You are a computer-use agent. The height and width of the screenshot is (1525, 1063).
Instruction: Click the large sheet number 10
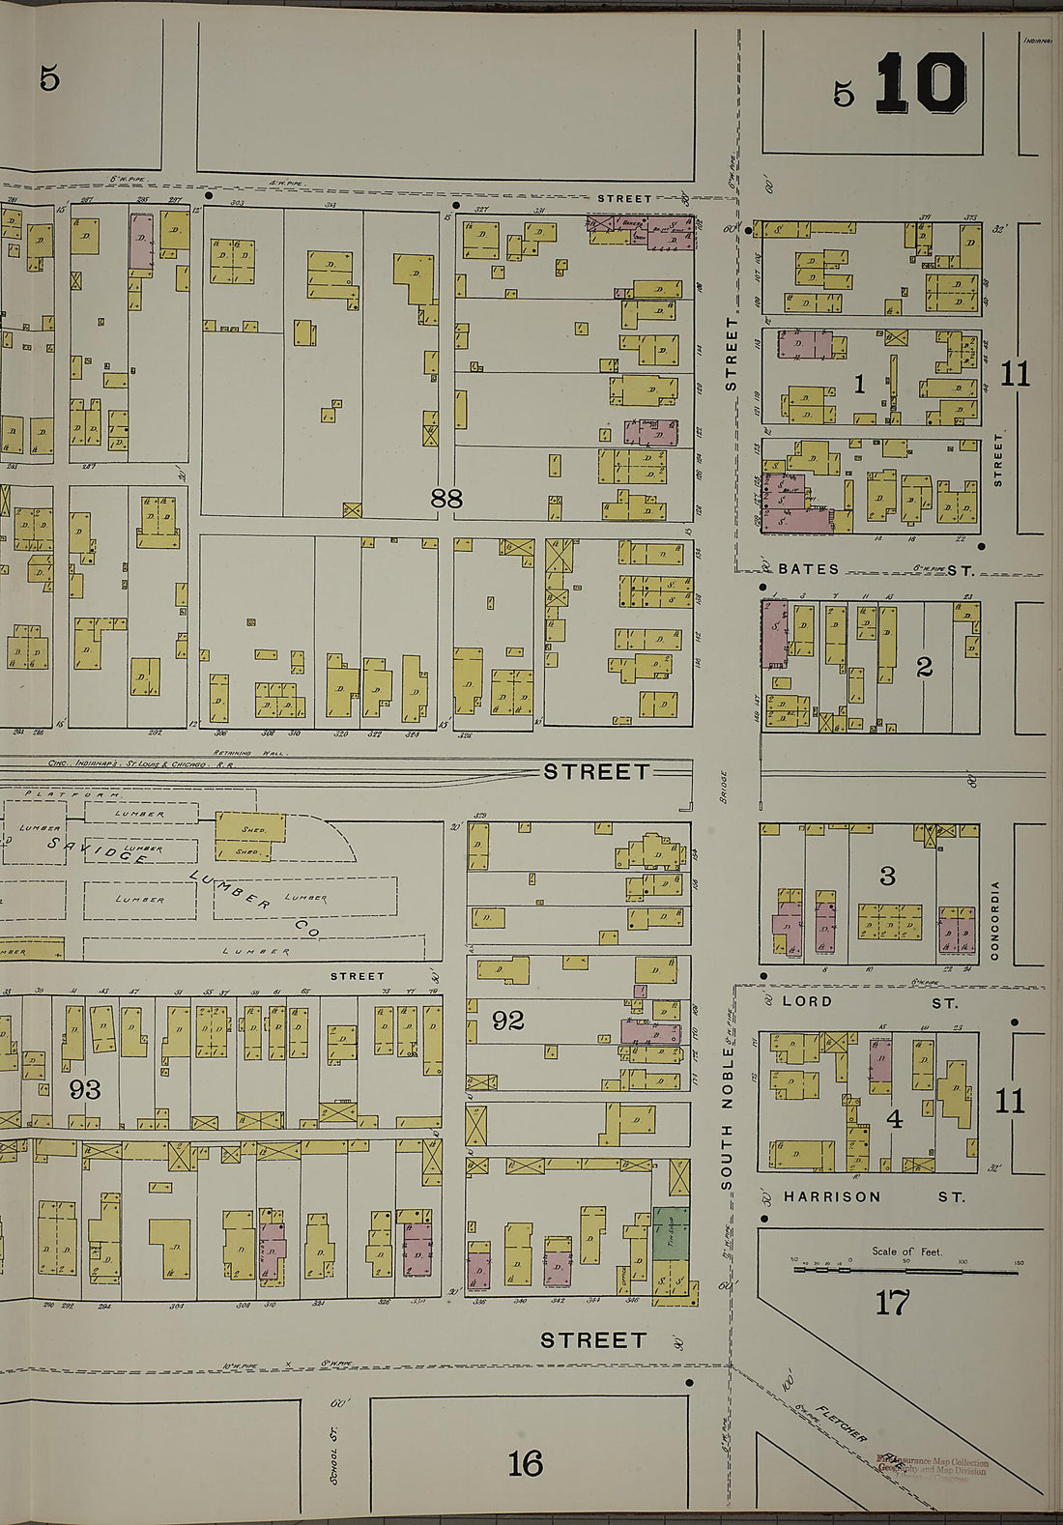click(x=921, y=84)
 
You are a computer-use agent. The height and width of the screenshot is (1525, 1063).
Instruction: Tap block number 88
click(x=446, y=499)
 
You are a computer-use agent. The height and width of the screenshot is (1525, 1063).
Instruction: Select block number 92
click(x=508, y=1021)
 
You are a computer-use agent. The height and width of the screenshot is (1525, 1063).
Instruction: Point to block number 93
click(x=85, y=1090)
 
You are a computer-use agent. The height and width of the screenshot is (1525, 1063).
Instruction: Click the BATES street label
click(x=809, y=569)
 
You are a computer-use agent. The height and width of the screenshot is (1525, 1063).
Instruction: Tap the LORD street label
click(x=807, y=1001)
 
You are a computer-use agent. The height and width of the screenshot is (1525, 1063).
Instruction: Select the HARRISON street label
click(x=832, y=1196)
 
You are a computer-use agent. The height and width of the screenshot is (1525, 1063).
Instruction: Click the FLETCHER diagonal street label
click(x=841, y=1423)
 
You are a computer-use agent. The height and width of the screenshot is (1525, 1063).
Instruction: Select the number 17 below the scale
click(x=892, y=1303)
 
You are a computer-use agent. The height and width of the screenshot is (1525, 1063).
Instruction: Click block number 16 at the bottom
click(x=525, y=1463)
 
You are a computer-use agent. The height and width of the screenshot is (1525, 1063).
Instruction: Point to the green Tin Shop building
click(x=671, y=1232)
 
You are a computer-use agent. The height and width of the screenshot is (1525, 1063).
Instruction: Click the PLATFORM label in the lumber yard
click(x=72, y=794)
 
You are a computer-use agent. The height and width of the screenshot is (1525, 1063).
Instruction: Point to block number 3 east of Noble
click(x=887, y=876)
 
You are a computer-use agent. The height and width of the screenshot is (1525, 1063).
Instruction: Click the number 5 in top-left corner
click(x=49, y=78)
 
